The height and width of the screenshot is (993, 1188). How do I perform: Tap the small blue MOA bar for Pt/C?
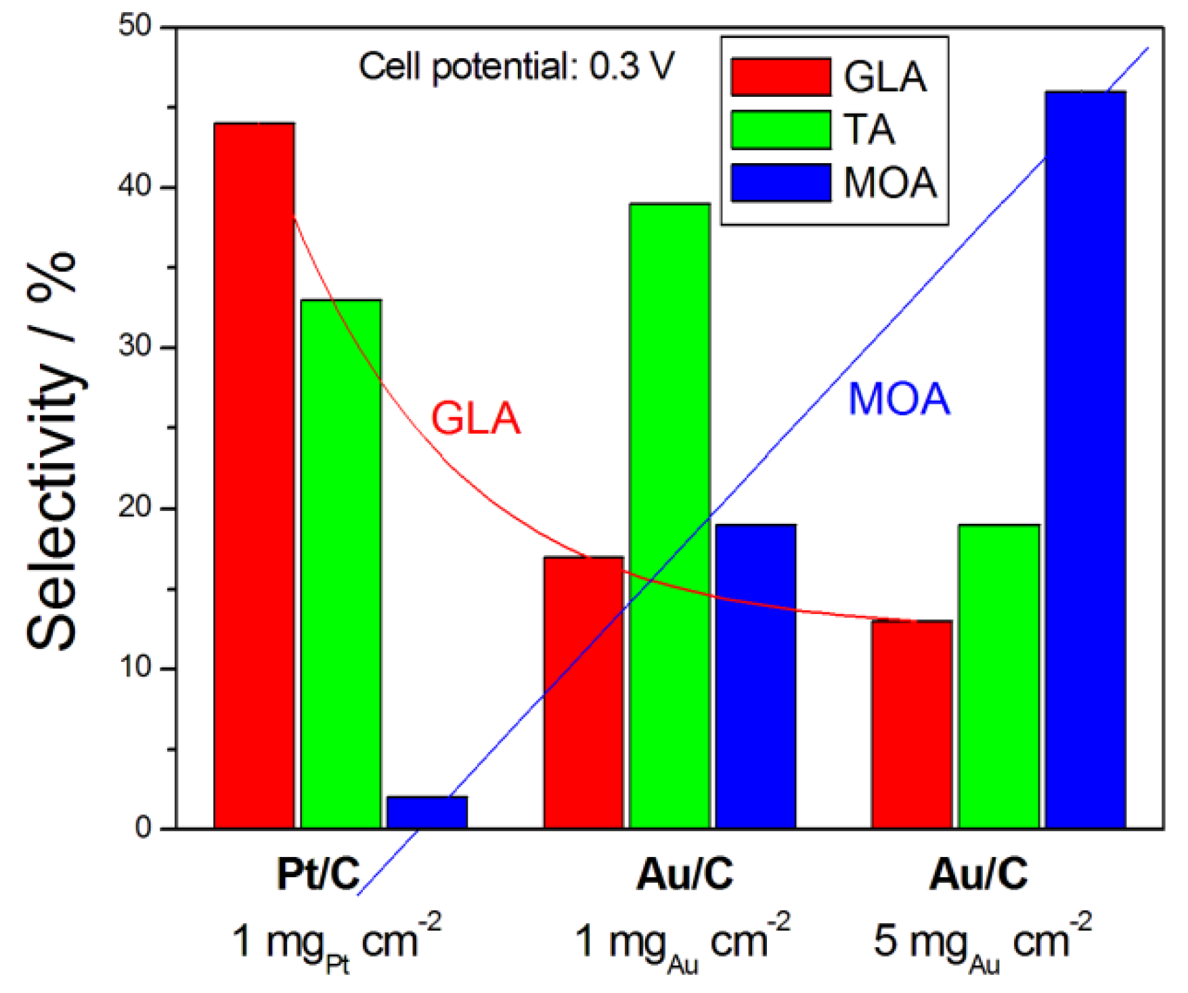click(x=427, y=812)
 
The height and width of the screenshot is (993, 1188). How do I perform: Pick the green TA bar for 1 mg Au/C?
click(x=669, y=515)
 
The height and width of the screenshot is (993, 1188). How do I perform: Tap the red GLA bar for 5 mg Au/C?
click(x=912, y=724)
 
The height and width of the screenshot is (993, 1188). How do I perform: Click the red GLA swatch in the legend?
click(x=780, y=76)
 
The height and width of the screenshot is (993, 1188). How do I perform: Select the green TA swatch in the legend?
click(x=780, y=129)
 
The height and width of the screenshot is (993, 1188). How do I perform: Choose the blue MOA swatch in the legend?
click(x=780, y=182)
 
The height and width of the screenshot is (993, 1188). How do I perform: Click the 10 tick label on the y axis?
click(x=135, y=668)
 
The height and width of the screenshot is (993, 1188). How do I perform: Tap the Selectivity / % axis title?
click(x=52, y=450)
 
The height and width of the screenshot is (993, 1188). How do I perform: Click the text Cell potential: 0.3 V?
click(x=516, y=67)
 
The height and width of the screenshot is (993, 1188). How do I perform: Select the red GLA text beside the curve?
click(x=476, y=418)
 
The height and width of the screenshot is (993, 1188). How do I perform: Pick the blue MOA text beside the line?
click(x=899, y=399)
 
